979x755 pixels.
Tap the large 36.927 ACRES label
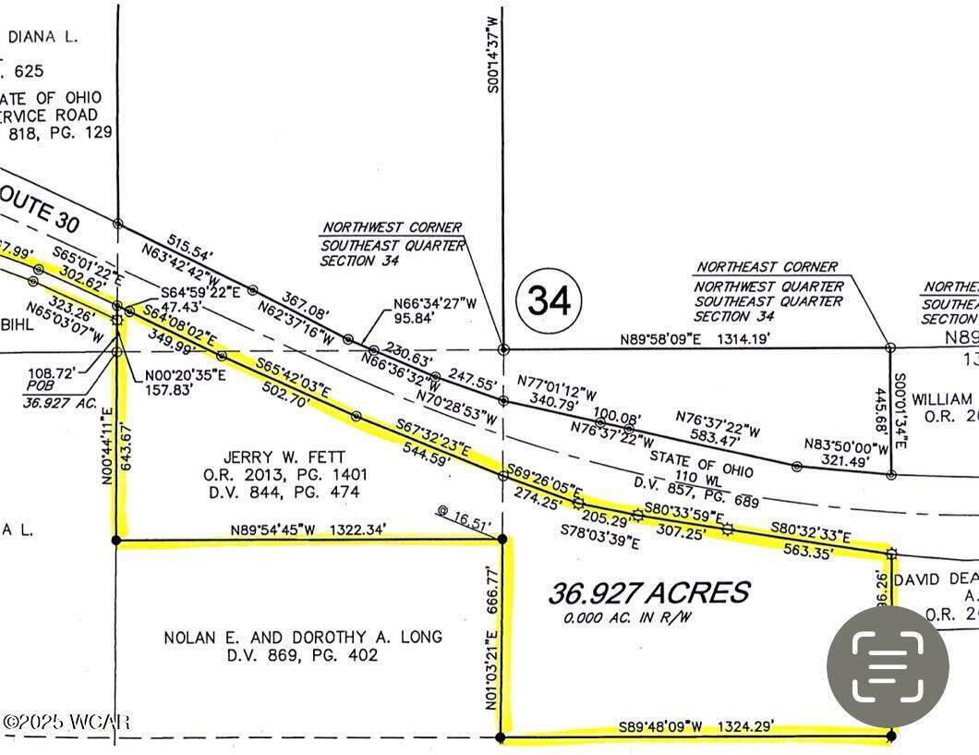click(649, 592)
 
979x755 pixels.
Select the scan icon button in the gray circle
click(888, 665)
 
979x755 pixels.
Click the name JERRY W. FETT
click(284, 457)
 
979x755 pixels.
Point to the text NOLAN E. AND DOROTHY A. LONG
click(302, 638)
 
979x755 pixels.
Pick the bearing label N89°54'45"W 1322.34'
click(309, 530)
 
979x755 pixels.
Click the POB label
click(37, 389)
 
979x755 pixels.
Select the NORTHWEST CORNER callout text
click(392, 227)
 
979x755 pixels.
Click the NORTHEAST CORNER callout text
click(767, 267)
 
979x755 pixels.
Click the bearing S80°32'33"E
click(810, 533)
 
